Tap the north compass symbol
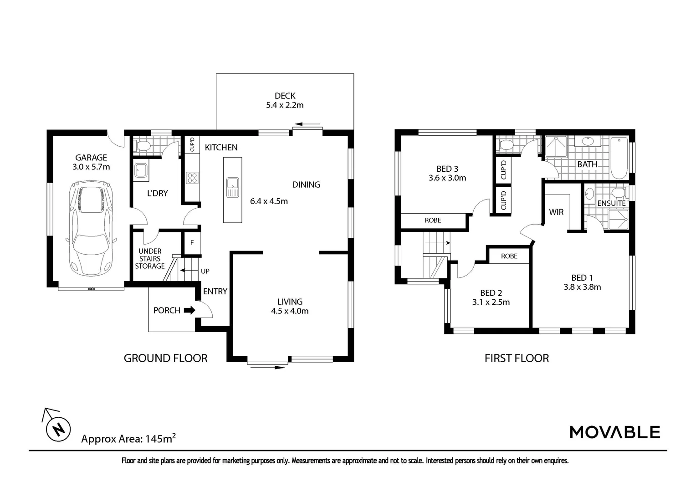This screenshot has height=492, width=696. coord(58,429)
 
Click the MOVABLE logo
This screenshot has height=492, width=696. coord(614,432)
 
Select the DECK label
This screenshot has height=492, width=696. coord(285,96)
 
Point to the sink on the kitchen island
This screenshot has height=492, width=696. coord(233,187)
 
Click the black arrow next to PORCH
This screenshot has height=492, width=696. coord(189,310)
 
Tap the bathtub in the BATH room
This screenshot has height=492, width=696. coord(619,158)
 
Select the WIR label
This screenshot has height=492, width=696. coord(556,212)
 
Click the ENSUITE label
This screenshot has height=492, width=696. coord(611,203)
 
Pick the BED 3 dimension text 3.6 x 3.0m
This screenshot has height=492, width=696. coord(447,178)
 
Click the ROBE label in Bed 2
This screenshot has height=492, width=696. coord(509,256)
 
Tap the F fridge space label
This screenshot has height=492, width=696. coord(192,243)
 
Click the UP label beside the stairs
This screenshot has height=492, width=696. coord(205,271)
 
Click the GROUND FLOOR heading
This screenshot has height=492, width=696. coord(165,359)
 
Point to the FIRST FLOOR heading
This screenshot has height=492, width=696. coord(517,359)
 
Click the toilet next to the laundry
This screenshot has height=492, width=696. coord(143,146)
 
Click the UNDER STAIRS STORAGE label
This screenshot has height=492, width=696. coord(150,258)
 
